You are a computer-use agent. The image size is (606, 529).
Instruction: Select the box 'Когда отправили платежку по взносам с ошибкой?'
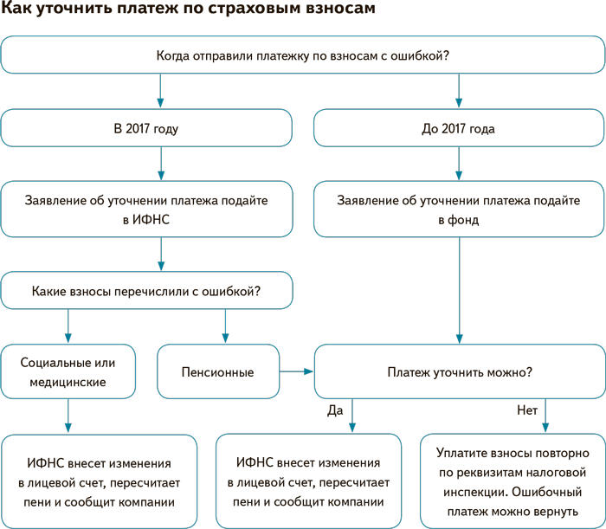302,56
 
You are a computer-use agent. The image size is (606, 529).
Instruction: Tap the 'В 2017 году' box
146,129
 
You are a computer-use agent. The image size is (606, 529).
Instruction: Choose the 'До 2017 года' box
458,129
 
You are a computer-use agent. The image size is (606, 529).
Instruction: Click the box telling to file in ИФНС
146,210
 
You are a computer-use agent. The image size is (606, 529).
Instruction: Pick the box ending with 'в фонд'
458,210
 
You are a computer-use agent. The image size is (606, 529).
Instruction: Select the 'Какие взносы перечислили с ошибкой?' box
146,292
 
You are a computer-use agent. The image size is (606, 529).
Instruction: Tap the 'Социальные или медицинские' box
68,372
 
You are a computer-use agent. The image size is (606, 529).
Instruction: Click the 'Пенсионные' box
217,372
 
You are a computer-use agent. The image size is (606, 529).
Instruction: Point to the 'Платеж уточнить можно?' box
459,372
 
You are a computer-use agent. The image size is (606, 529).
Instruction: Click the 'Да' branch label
336,410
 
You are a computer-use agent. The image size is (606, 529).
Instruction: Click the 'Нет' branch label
527,410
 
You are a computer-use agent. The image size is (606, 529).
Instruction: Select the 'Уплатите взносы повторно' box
513,481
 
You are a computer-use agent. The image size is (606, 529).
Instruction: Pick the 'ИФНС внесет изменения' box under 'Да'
308,481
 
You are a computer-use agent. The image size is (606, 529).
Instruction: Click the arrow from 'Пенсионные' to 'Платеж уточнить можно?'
296,372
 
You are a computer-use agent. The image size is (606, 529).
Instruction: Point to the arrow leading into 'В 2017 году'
161,92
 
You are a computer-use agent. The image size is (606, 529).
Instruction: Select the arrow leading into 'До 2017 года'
458,92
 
